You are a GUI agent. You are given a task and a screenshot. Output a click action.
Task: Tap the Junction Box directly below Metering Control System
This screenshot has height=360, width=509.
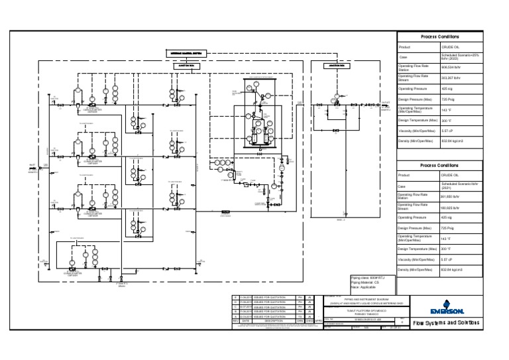pyautogui.click(x=184, y=66)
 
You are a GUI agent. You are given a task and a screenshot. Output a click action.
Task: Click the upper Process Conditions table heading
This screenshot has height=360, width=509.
pyautogui.click(x=439, y=37)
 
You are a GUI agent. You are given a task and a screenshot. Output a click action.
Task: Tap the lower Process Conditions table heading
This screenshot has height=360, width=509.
pyautogui.click(x=439, y=166)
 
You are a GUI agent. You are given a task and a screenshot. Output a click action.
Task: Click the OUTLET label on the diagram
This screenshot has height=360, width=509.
pyautogui.click(x=386, y=103)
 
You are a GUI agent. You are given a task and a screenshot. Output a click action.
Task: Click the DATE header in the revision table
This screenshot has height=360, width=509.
pyautogui.click(x=245, y=322)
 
